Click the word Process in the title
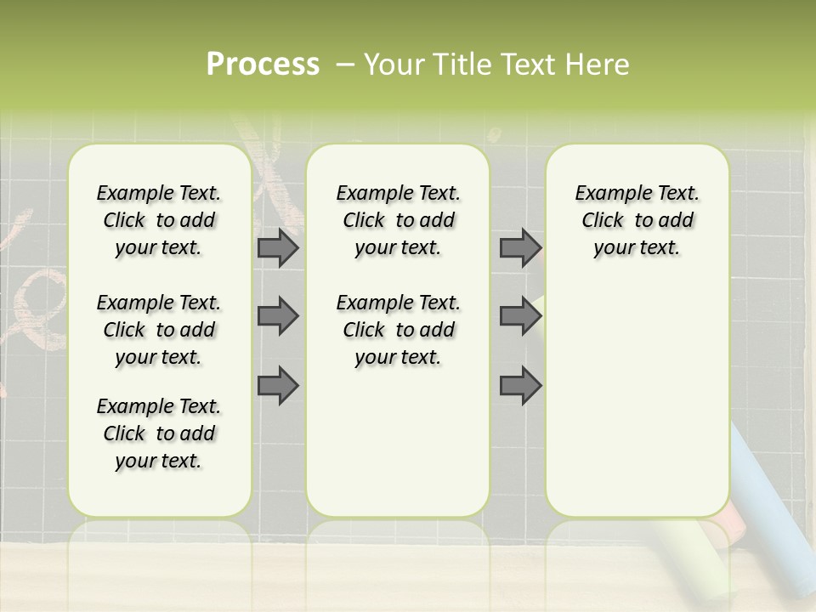[263, 65]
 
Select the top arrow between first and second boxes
[278, 247]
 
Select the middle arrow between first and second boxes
[278, 316]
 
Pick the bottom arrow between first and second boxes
[278, 385]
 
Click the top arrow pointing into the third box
[520, 247]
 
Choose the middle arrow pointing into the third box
[520, 316]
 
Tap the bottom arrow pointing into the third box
[520, 385]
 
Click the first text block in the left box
[159, 220]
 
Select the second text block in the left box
[159, 330]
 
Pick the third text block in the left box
[159, 433]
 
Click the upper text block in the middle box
[398, 220]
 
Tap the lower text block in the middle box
[398, 330]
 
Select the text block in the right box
[637, 220]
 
